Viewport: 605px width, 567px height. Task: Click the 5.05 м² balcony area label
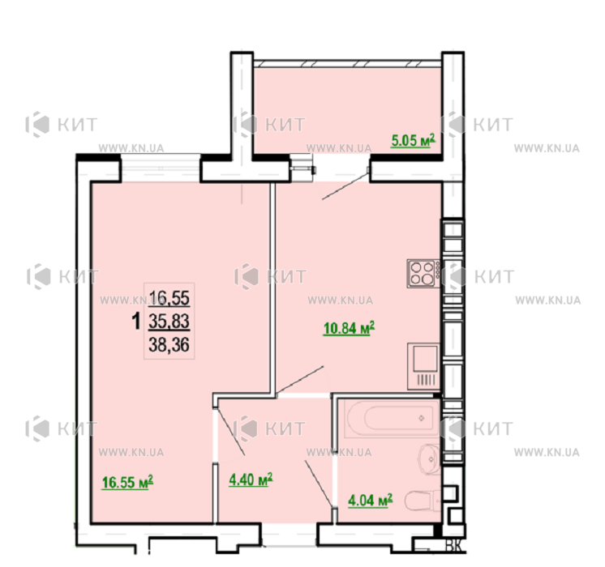pos(414,140)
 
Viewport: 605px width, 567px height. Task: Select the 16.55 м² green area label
pos(127,482)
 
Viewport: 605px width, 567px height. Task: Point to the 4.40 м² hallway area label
pos(251,480)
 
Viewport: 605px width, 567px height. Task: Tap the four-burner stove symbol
pos(423,273)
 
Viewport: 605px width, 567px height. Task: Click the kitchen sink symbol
pos(423,366)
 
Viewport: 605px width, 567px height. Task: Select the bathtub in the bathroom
pos(392,419)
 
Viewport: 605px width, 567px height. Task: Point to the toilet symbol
pos(423,501)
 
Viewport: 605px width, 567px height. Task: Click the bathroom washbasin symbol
pos(429,459)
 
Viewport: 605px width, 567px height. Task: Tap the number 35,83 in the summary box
pos(169,321)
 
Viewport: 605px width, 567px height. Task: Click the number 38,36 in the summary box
pos(169,344)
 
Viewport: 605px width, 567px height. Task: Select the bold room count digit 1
pos(135,322)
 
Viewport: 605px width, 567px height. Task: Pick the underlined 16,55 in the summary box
pos(169,298)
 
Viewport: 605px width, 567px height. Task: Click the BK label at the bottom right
pos(454,546)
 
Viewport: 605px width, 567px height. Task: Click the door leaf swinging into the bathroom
pos(319,484)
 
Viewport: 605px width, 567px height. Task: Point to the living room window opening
pos(161,168)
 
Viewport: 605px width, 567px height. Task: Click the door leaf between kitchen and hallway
pos(299,381)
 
